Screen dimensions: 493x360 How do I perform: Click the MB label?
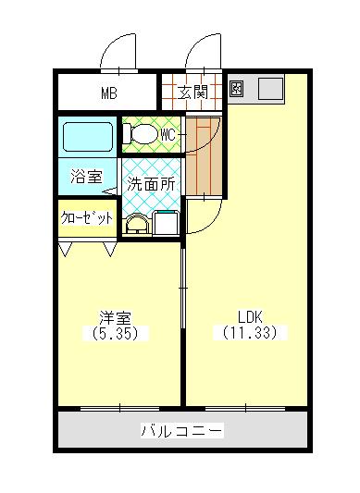(110, 92)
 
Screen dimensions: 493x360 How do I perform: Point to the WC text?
(168, 135)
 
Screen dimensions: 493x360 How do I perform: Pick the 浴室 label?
(87, 177)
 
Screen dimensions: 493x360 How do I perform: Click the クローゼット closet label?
(87, 218)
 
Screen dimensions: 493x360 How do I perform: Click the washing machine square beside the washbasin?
(167, 223)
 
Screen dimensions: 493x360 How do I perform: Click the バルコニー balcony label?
(181, 431)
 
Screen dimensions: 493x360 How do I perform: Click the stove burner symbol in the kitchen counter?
(236, 89)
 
